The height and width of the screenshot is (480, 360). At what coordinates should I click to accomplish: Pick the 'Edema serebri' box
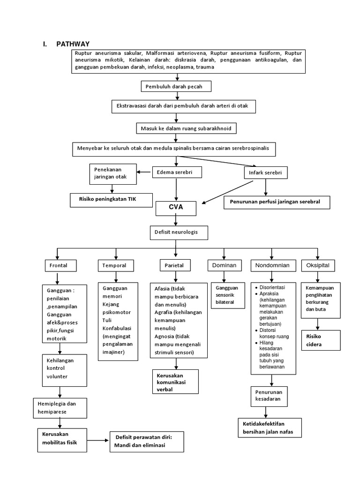point(172,172)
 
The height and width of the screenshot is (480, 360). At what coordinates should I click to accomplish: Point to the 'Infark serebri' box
point(266,173)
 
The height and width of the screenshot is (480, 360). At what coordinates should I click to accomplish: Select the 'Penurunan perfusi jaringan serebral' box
point(277,202)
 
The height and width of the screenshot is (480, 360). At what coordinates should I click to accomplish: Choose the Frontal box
point(59,265)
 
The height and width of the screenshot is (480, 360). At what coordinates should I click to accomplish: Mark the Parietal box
point(173,266)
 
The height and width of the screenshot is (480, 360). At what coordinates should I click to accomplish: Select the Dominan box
point(224,266)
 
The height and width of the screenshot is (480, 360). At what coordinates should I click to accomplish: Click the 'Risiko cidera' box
point(320,341)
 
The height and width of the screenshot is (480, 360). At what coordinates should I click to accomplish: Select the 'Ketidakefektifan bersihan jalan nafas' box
point(269,428)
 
